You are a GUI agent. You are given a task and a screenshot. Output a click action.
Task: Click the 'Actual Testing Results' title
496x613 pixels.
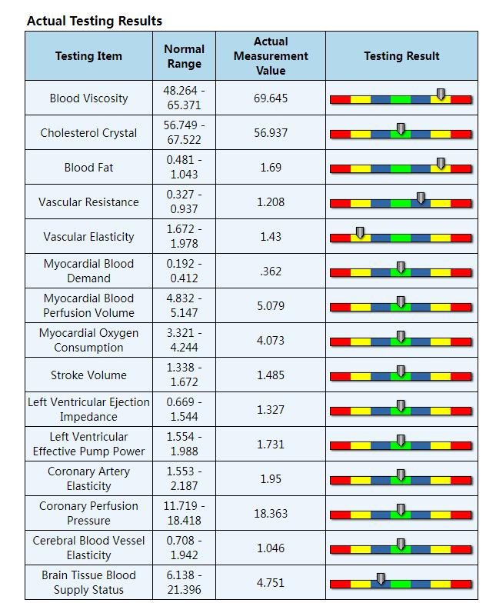click(95, 21)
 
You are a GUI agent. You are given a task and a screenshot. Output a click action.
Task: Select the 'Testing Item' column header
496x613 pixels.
click(88, 56)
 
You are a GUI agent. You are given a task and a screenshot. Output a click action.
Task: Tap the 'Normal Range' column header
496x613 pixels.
click(185, 56)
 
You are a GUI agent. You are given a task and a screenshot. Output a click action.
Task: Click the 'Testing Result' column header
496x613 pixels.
click(401, 56)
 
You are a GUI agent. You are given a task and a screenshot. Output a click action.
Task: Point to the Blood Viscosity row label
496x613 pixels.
click(88, 98)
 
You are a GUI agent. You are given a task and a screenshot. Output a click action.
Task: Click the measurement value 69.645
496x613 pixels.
click(271, 98)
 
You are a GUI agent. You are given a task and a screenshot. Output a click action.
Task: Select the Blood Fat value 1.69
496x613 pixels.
click(271, 168)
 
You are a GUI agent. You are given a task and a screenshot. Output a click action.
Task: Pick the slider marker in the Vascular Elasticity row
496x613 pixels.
click(360, 233)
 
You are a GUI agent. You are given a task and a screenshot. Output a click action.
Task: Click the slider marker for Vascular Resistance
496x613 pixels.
click(421, 198)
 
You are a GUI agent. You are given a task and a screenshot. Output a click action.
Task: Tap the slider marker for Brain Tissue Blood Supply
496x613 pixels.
click(381, 579)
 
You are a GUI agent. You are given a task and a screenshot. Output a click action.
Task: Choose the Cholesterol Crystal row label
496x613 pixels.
click(88, 133)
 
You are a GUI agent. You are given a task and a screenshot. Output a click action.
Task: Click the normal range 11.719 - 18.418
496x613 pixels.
click(185, 513)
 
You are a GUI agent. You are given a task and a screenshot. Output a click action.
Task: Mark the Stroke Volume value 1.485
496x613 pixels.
click(271, 375)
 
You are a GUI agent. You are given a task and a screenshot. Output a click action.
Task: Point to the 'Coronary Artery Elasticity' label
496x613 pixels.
click(88, 478)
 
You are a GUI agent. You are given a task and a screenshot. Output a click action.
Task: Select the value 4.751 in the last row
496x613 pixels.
click(271, 582)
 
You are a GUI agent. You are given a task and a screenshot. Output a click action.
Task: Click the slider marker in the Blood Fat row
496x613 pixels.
click(441, 164)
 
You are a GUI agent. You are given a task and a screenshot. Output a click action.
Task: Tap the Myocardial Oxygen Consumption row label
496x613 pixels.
click(88, 340)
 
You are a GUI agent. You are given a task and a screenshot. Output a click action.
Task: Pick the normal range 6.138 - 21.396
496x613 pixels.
click(185, 582)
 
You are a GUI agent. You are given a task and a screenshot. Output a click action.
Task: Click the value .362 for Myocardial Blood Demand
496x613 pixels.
click(271, 272)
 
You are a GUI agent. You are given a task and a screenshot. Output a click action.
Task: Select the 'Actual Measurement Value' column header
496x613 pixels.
click(271, 56)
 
